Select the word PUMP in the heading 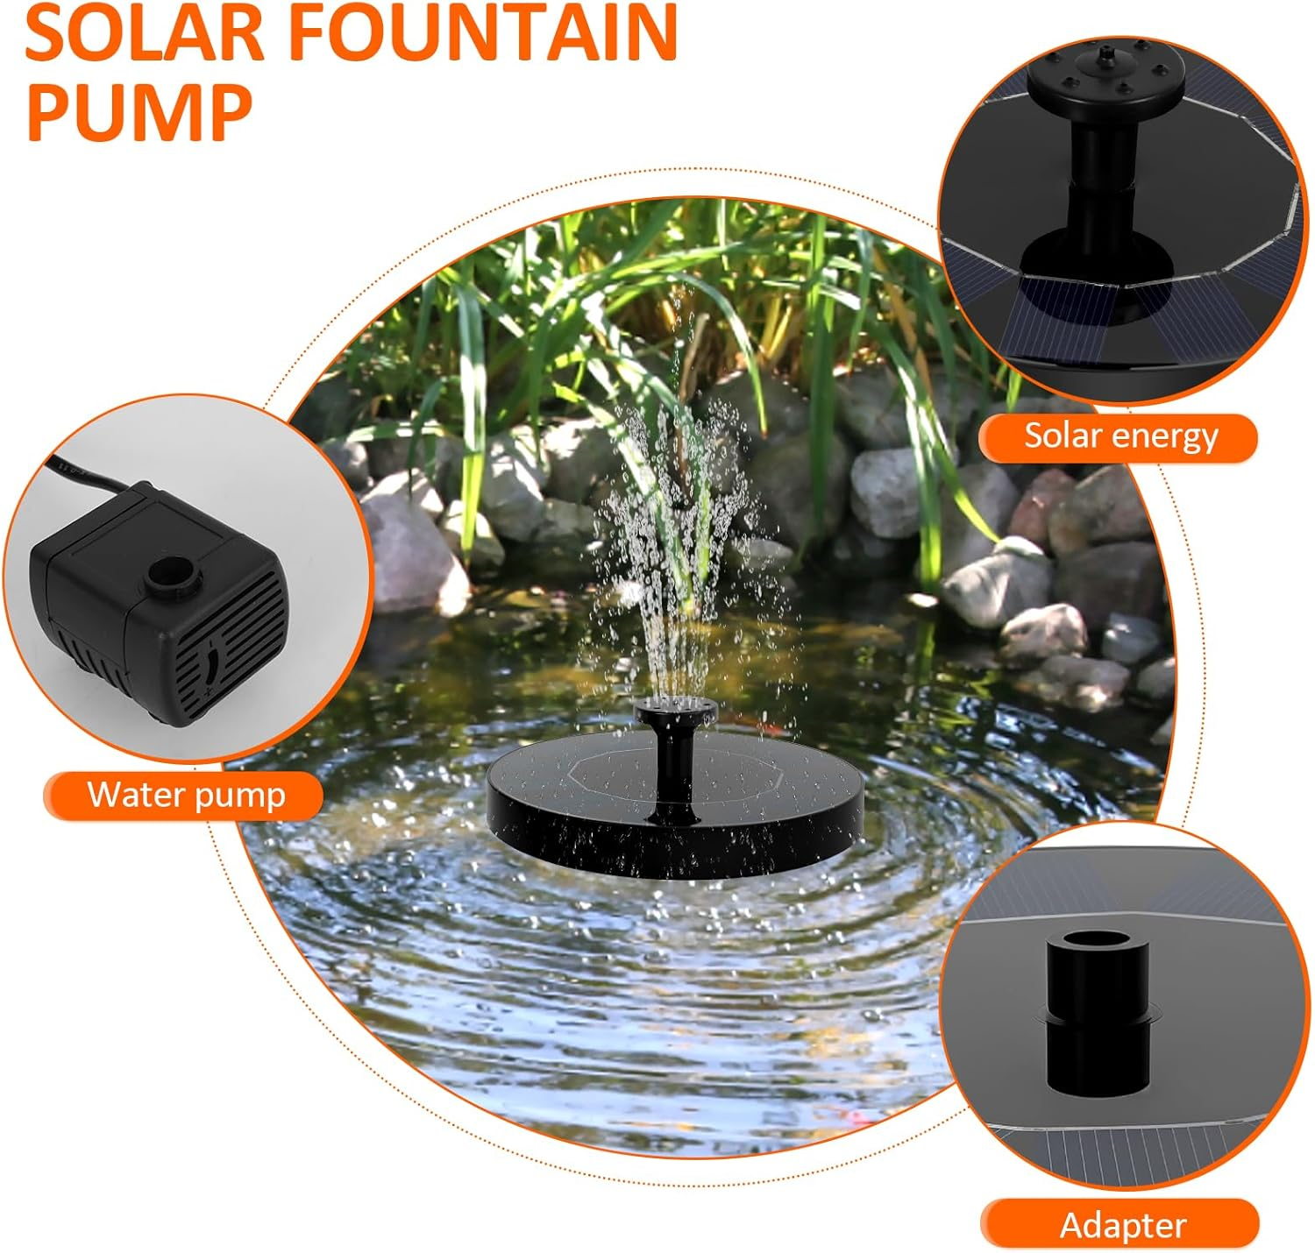[139, 112]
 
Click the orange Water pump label [185, 796]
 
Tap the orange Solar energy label [1120, 436]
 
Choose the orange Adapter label [1122, 1224]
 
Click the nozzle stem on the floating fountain [674, 762]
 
